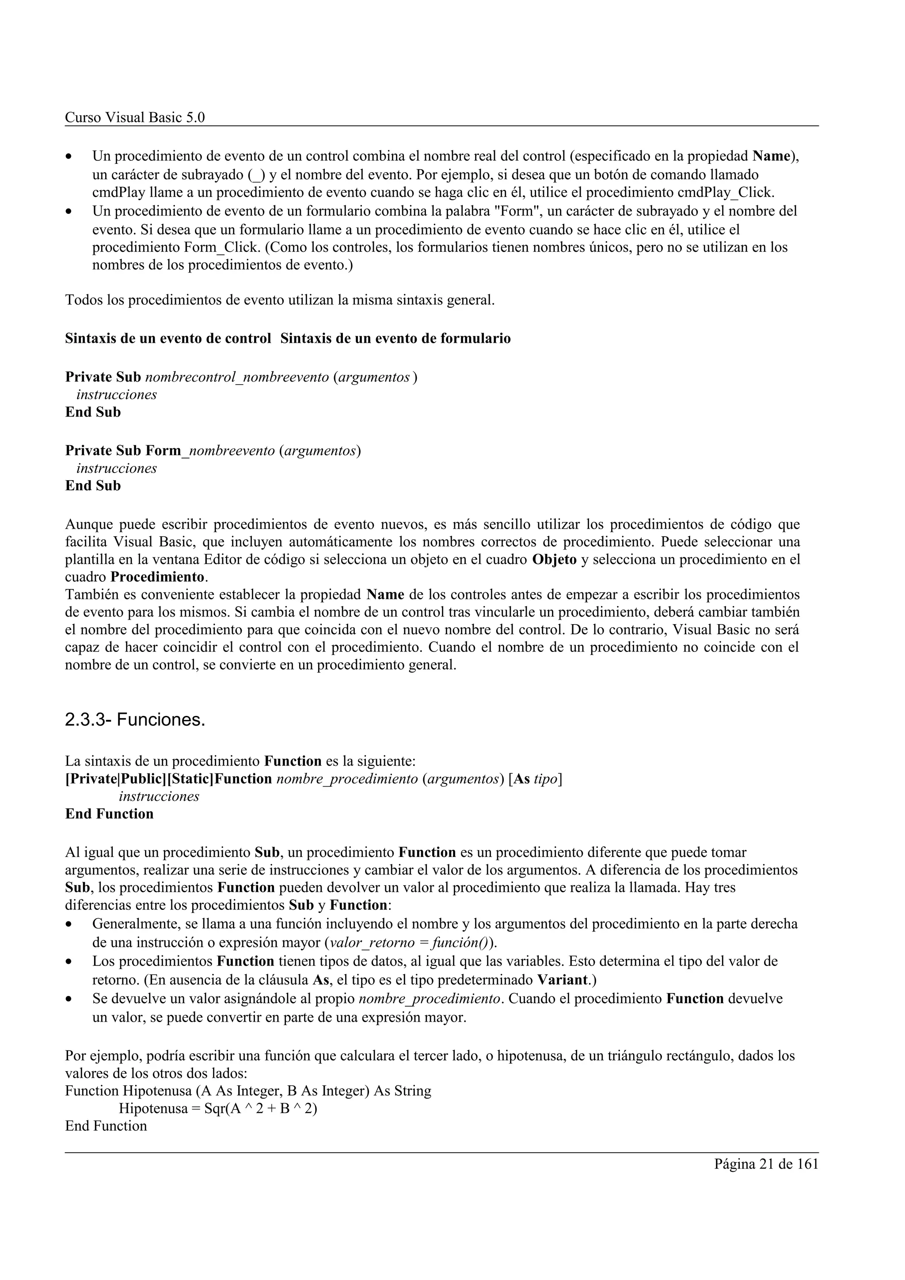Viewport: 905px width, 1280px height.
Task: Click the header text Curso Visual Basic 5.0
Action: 135,117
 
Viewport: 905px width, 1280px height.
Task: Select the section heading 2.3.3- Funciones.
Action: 135,720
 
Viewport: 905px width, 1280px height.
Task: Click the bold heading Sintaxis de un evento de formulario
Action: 395,338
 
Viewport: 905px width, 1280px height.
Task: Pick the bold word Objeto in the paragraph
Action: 554,560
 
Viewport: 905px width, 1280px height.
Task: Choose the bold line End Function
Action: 109,814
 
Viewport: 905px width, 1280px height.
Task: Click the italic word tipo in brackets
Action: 545,779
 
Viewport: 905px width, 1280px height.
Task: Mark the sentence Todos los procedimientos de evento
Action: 279,300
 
